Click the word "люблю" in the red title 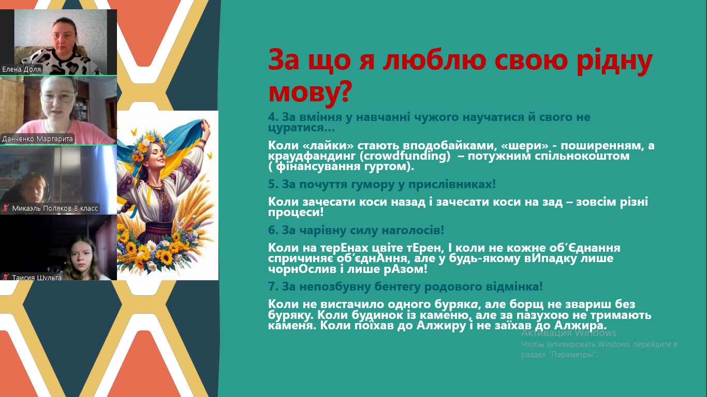pos(435,60)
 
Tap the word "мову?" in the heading pos(310,92)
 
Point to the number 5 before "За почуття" pos(273,184)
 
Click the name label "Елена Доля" pos(21,69)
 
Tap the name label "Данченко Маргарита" pos(37,139)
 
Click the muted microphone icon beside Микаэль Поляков pos(5,208)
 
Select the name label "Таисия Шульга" pos(37,278)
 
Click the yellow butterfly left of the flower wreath pos(134,132)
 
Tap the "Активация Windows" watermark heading pos(568,333)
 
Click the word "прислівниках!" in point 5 pos(452,184)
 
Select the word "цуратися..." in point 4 pos(301,128)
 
